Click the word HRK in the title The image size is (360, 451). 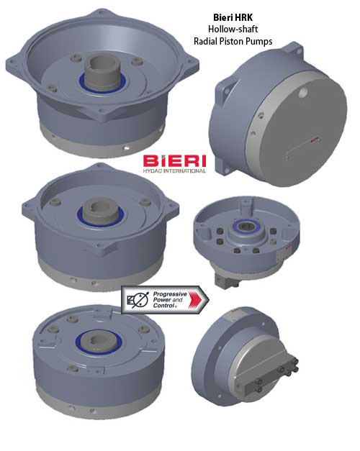click(243, 17)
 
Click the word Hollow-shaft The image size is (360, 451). click(233, 29)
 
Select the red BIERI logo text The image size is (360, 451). click(174, 161)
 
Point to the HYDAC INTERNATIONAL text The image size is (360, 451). click(174, 170)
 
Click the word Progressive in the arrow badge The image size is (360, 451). click(170, 294)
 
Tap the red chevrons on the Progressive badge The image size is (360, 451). click(197, 300)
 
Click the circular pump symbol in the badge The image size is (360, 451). click(140, 300)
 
